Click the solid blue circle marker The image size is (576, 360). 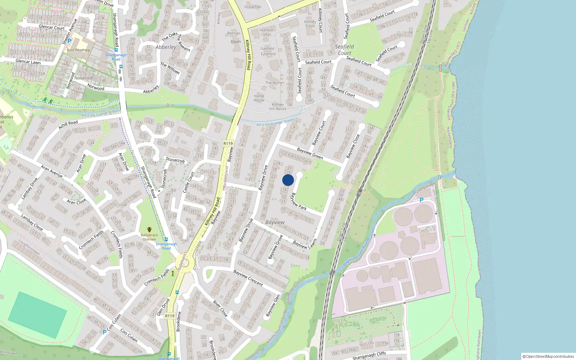[x=288, y=180]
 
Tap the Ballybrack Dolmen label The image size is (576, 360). [x=149, y=237]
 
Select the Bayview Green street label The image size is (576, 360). [x=310, y=153]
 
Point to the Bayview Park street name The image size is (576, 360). [x=298, y=202]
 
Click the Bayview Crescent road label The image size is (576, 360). [x=248, y=278]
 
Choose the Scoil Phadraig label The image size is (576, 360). [x=78, y=50]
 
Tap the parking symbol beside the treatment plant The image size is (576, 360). [x=422, y=200]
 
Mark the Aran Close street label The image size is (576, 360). [x=76, y=201]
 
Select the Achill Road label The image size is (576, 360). [x=68, y=125]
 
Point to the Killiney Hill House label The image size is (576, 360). [x=278, y=107]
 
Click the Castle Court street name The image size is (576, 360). [x=189, y=182]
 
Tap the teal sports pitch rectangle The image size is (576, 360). [x=37, y=315]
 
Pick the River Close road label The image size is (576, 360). [x=220, y=309]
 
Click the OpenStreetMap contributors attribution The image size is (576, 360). [x=548, y=356]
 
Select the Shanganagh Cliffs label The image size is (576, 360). [x=369, y=356]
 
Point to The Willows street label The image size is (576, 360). [x=170, y=68]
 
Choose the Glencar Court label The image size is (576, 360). [x=51, y=27]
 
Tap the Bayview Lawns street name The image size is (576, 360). [x=305, y=244]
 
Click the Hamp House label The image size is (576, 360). [x=259, y=98]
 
